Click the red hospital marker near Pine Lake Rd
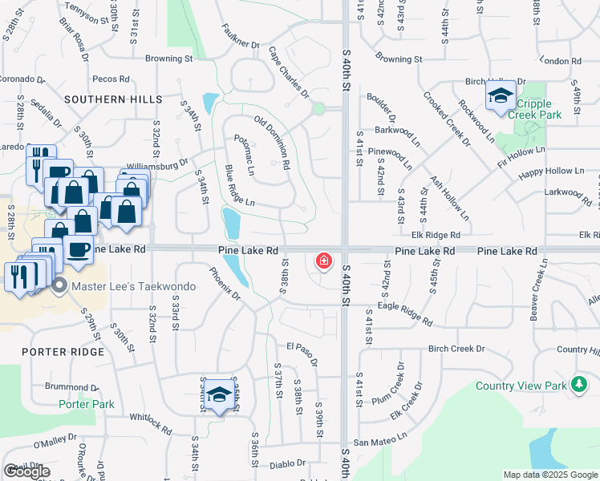coord(324,261)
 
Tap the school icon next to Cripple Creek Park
coord(501,98)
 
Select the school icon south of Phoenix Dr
coord(219,395)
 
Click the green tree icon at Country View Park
coord(578,386)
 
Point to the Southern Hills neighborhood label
coord(114,99)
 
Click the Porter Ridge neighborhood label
coord(63,352)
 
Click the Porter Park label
coord(87,404)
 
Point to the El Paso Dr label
coord(302,354)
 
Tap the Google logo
coord(26,471)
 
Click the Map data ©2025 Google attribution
coord(549,475)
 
